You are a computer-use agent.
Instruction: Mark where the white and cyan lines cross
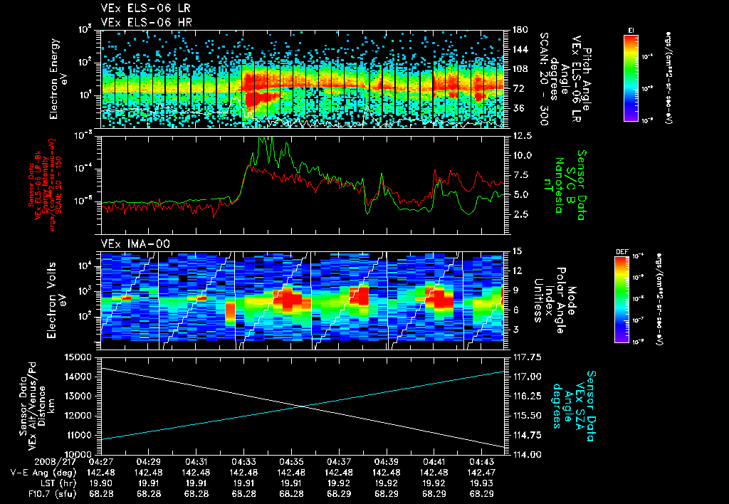point(304,406)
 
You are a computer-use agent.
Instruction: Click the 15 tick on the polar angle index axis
point(513,251)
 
